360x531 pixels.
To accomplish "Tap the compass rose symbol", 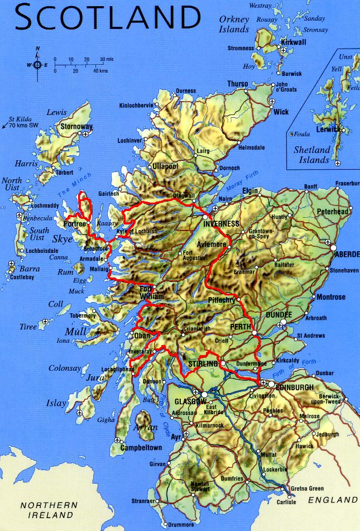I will pyautogui.click(x=37, y=64).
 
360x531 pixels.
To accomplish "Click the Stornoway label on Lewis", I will pyautogui.click(x=76, y=126).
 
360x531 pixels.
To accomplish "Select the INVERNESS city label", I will pyautogui.click(x=222, y=224).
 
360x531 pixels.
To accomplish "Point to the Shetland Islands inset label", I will pyautogui.click(x=312, y=155).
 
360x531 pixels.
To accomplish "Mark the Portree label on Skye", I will pyautogui.click(x=75, y=224).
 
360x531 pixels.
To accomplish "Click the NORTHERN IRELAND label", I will pyautogui.click(x=49, y=509).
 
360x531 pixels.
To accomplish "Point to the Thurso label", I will pyautogui.click(x=237, y=84).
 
